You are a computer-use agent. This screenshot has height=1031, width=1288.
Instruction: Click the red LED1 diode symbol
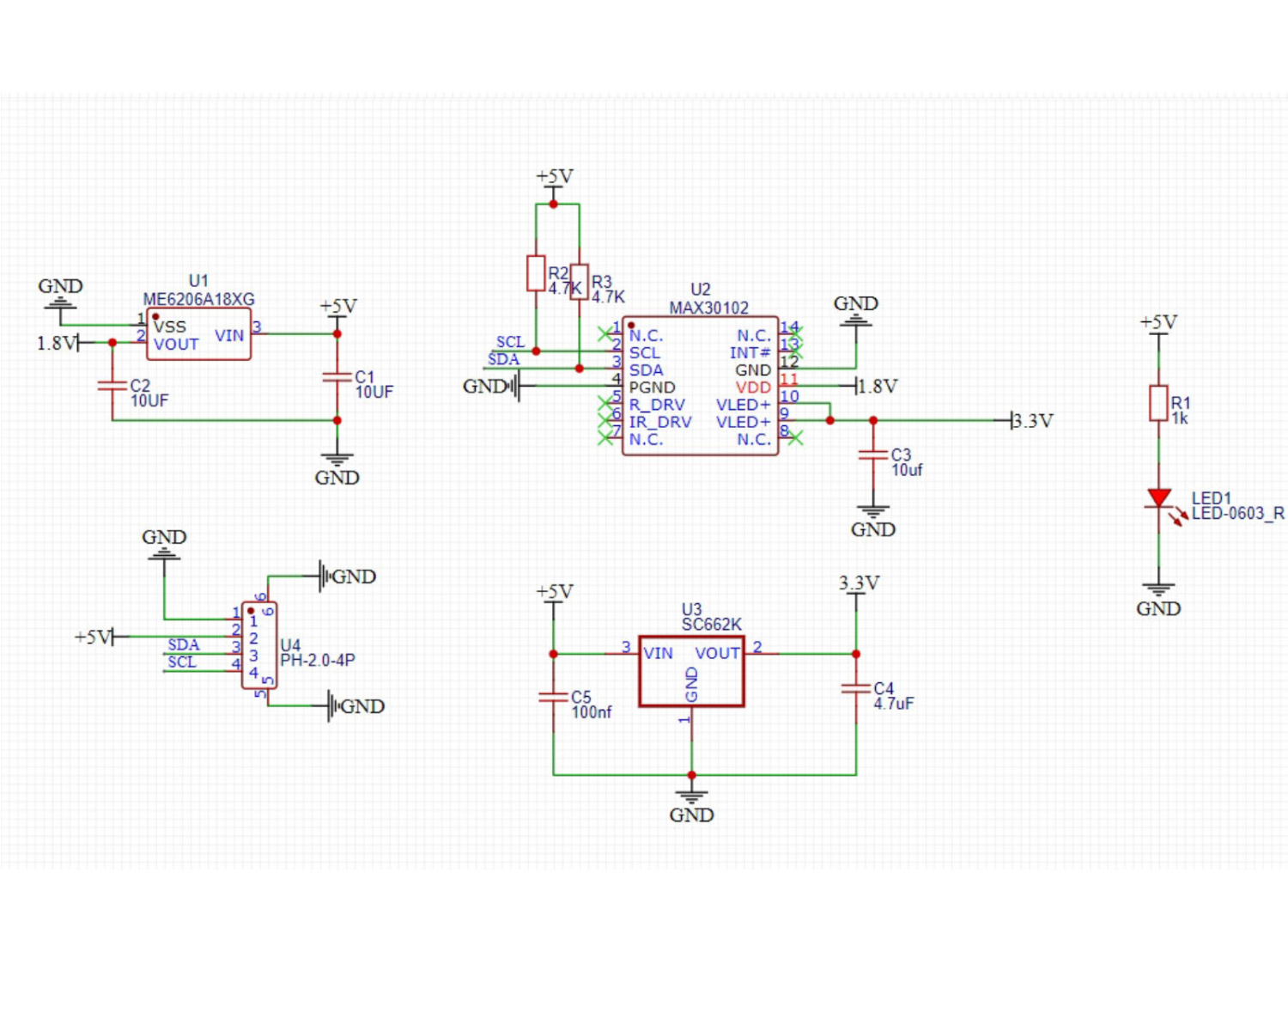[1158, 498]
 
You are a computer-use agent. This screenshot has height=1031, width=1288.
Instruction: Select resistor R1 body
[1158, 403]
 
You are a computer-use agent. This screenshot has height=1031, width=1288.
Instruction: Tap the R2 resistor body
[536, 273]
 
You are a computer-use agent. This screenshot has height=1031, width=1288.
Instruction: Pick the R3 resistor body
[580, 282]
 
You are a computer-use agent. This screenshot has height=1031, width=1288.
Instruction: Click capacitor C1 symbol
[337, 377]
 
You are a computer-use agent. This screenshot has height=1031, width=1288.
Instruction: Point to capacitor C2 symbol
[112, 386]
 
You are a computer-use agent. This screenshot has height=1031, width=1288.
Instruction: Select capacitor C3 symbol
[873, 455]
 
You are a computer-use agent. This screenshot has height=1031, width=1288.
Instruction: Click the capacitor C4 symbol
[856, 688]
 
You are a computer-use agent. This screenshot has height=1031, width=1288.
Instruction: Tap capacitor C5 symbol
[554, 697]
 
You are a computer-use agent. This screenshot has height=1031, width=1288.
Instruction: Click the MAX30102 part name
[708, 308]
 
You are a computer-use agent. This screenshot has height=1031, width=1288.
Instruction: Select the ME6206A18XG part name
[198, 299]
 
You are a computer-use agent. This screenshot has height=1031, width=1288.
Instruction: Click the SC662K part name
[711, 625]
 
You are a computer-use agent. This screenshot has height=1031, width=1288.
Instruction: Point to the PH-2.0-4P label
[317, 660]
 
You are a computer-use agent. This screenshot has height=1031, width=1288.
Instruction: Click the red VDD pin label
[753, 387]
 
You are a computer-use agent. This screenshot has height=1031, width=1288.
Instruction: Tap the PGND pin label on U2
[652, 387]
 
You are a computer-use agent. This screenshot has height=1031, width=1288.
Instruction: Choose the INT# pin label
[750, 353]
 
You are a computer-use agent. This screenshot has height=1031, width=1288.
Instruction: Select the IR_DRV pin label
[659, 422]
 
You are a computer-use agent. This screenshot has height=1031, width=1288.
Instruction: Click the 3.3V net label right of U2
[1032, 421]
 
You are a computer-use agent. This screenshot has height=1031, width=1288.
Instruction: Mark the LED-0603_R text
[1237, 514]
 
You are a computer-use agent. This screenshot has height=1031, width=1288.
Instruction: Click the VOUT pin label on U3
[717, 653]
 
